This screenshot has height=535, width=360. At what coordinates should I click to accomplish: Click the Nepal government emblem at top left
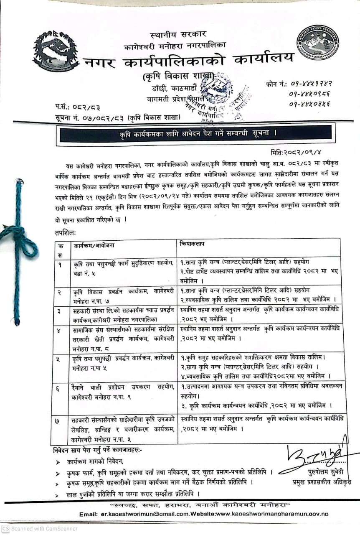(x=56, y=51)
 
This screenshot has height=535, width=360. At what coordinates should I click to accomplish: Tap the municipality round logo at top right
(x=317, y=42)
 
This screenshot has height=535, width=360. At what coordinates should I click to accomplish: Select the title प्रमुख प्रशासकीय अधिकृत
(x=322, y=482)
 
